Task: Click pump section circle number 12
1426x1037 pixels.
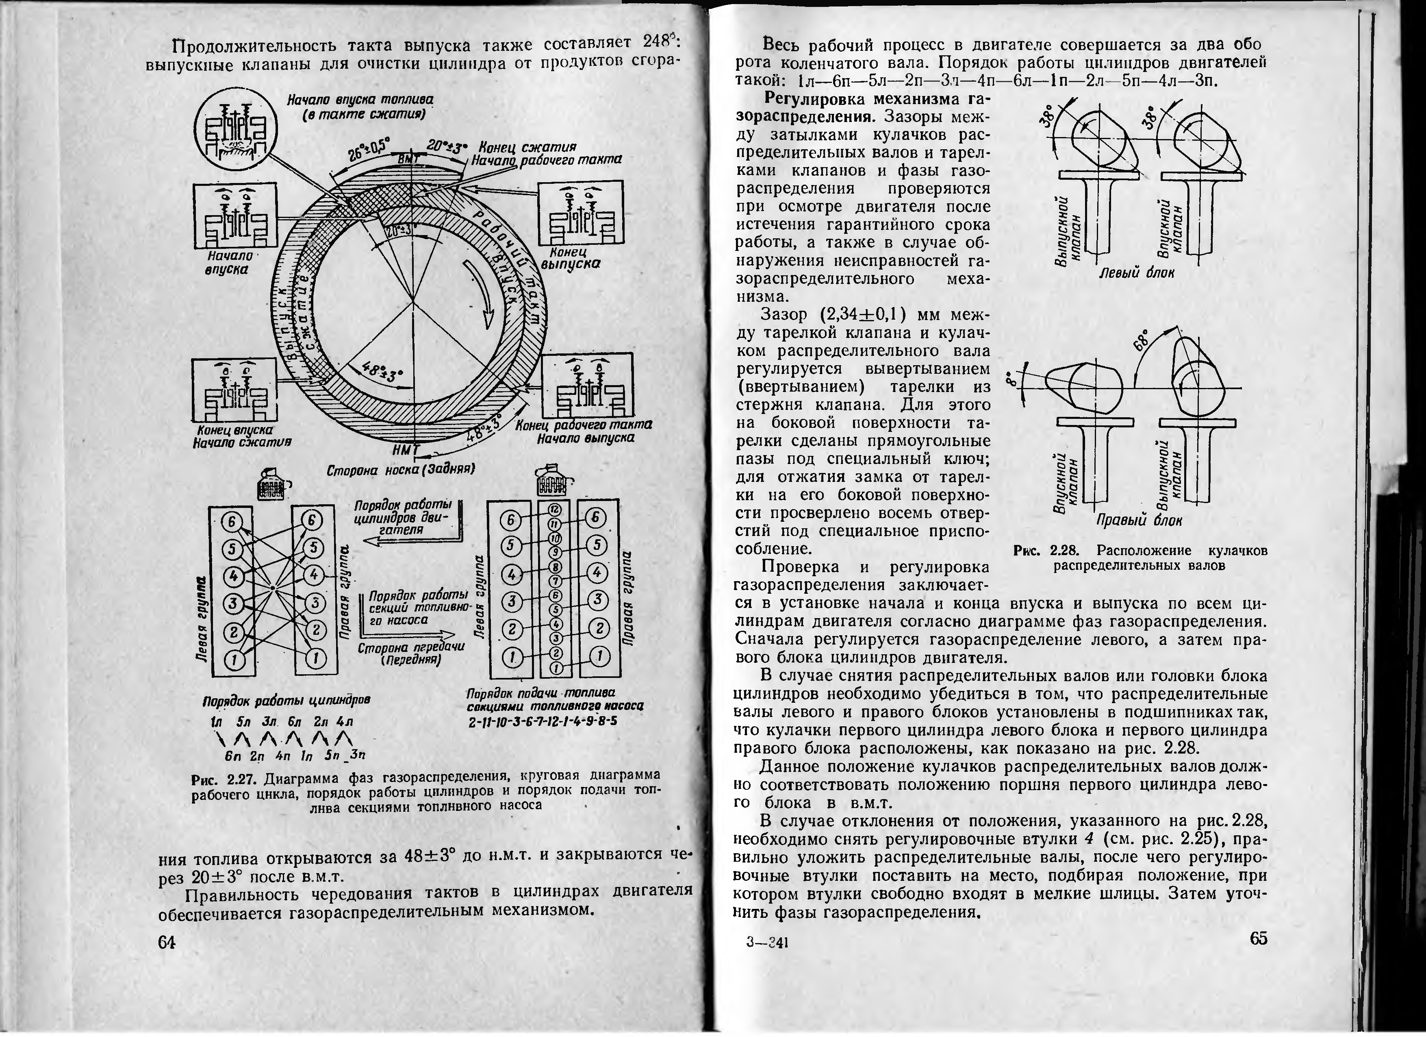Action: pos(555,508)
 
